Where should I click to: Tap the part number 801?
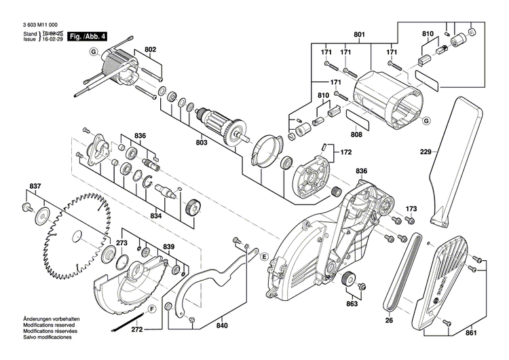[359, 34]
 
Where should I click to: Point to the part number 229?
[426, 153]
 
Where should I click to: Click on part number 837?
[34, 185]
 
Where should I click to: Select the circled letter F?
[151, 308]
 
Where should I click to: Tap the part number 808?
[356, 134]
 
